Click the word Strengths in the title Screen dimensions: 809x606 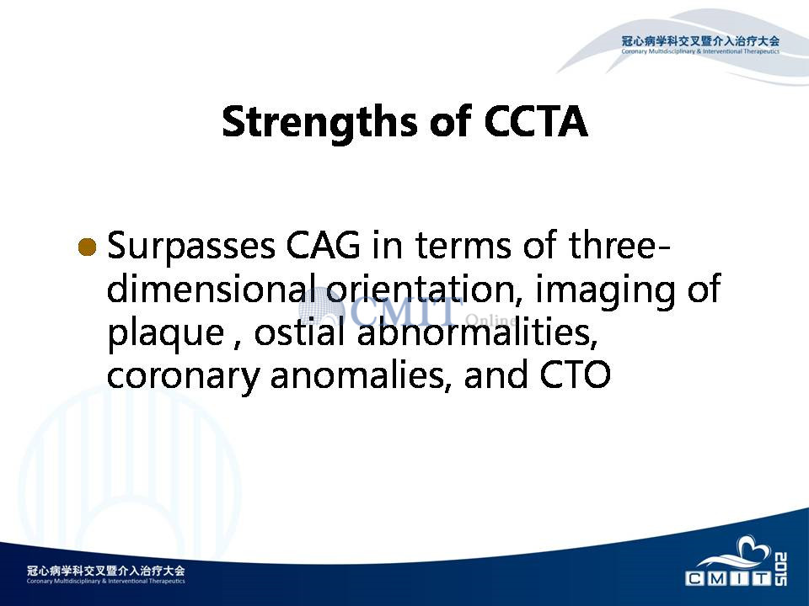319,122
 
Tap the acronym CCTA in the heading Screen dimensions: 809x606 536,121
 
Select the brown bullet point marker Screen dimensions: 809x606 87,247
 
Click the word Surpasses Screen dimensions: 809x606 191,246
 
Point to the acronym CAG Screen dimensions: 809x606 324,245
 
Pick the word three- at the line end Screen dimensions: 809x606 619,245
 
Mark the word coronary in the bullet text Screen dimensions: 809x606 183,376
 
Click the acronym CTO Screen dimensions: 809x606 576,375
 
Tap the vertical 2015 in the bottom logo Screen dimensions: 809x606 781,569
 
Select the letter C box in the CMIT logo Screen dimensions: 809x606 694,579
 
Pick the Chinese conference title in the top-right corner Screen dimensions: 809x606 700,41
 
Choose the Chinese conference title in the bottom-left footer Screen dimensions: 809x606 106,571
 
